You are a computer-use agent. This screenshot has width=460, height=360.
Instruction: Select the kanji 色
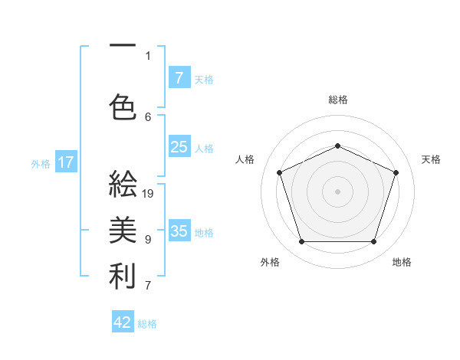click(123, 106)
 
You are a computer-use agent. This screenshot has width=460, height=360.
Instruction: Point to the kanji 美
click(123, 230)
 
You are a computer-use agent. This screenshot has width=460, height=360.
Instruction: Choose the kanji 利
click(123, 277)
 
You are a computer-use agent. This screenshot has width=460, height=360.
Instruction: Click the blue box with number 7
click(179, 77)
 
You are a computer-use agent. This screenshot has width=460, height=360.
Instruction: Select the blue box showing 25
click(179, 147)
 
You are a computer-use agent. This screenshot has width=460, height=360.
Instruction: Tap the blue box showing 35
click(179, 231)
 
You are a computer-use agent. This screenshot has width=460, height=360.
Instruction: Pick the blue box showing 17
click(66, 162)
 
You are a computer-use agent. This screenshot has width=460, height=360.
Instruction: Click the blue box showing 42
click(123, 322)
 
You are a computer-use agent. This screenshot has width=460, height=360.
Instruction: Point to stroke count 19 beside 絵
click(149, 194)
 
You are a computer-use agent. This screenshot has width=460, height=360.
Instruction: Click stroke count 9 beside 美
click(148, 239)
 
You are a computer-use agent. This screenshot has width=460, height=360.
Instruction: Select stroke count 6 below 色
click(148, 116)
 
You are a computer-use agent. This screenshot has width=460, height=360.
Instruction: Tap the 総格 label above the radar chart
click(338, 100)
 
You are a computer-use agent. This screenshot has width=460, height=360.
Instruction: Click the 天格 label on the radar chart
click(431, 159)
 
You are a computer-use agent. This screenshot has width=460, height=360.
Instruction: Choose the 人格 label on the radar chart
click(245, 159)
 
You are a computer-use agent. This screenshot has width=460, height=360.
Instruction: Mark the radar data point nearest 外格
click(301, 242)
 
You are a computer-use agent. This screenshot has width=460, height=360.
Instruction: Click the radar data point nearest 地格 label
click(373, 242)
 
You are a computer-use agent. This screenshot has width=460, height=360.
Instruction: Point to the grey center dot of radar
click(337, 191)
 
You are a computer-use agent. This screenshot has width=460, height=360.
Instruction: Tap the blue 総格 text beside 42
click(147, 324)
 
